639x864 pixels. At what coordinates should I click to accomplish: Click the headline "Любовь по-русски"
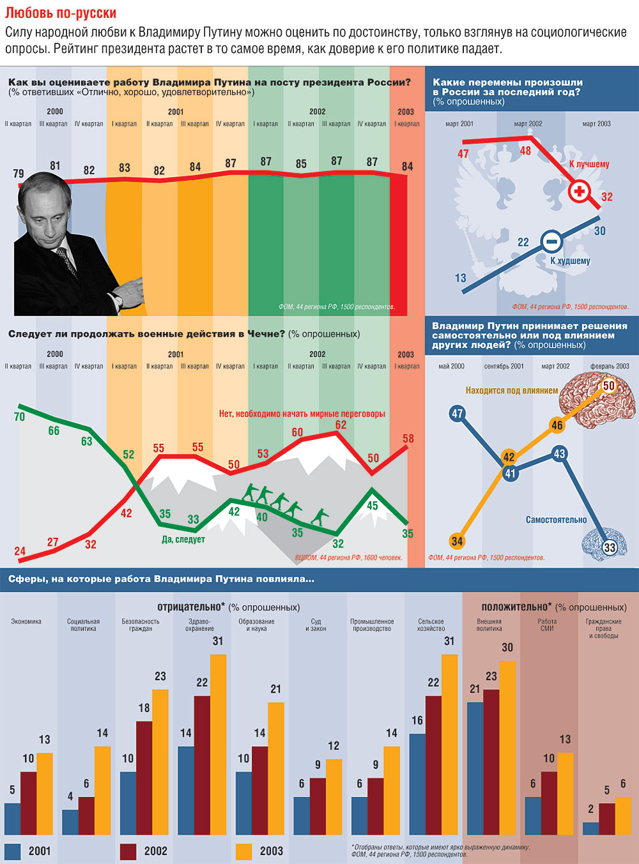click(x=61, y=13)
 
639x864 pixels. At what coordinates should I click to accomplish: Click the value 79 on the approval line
click(x=19, y=174)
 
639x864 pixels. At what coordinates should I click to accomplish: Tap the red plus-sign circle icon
click(x=580, y=191)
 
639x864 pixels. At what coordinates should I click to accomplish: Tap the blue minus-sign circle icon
click(x=551, y=241)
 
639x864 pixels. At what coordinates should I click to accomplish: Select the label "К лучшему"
click(x=589, y=164)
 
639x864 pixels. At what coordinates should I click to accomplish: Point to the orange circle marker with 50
click(x=608, y=385)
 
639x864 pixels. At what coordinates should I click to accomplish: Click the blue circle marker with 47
click(x=457, y=413)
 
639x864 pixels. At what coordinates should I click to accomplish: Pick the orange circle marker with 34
click(x=457, y=541)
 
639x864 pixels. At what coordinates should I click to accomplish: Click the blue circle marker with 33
click(x=610, y=547)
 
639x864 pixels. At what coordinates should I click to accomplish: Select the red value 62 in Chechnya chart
click(x=341, y=425)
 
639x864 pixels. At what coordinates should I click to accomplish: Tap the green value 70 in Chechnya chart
click(x=19, y=416)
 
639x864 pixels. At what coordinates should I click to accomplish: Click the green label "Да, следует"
click(x=183, y=540)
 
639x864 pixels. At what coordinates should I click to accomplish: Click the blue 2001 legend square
click(x=13, y=851)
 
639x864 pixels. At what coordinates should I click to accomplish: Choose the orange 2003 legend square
click(x=244, y=851)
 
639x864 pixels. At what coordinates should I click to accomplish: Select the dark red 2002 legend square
click(x=128, y=851)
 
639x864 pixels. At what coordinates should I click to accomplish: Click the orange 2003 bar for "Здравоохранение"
click(x=218, y=745)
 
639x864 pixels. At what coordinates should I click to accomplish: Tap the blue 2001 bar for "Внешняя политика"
click(x=475, y=768)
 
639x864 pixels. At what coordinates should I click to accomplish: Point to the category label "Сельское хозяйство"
click(x=431, y=625)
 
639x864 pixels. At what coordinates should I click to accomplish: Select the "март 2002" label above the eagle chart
click(x=528, y=124)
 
